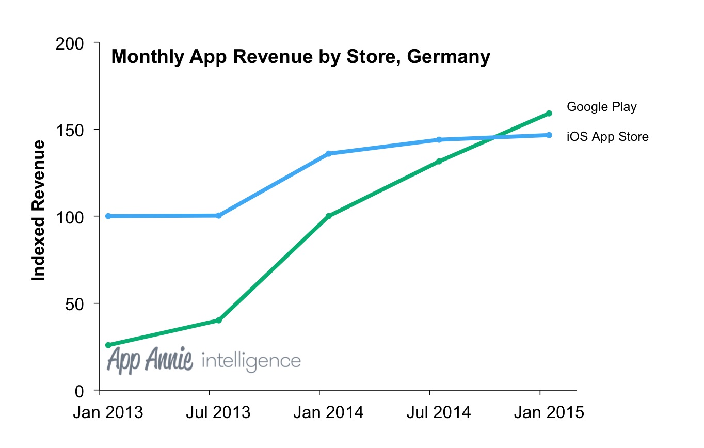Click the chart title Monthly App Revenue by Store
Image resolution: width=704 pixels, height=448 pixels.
(300, 57)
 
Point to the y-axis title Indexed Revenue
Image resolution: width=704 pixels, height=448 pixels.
(39, 211)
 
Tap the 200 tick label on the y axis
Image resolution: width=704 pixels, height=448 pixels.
(69, 43)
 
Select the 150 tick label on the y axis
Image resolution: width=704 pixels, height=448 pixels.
(69, 130)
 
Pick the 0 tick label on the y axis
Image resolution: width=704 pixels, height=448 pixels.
(80, 391)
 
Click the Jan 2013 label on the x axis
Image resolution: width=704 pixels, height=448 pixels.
(108, 413)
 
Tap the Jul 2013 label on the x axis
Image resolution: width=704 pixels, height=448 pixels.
(218, 413)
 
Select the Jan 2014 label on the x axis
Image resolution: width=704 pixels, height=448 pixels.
(328, 413)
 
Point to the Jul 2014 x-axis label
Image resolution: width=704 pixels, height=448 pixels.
(438, 413)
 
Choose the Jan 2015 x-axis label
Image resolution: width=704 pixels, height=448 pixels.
(549, 413)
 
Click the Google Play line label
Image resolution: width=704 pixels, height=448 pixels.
(601, 107)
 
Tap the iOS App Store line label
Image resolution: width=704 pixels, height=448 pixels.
(607, 137)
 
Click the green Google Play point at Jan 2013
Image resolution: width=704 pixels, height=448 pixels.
(108, 345)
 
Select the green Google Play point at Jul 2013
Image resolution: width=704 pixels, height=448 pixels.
(218, 321)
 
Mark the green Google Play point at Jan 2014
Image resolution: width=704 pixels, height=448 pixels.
(328, 216)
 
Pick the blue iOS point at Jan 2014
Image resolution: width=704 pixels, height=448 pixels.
(328, 153)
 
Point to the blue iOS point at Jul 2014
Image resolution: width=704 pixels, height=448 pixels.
(439, 139)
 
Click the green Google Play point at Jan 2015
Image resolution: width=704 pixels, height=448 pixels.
(549, 113)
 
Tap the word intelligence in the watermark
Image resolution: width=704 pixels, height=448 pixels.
(251, 360)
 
